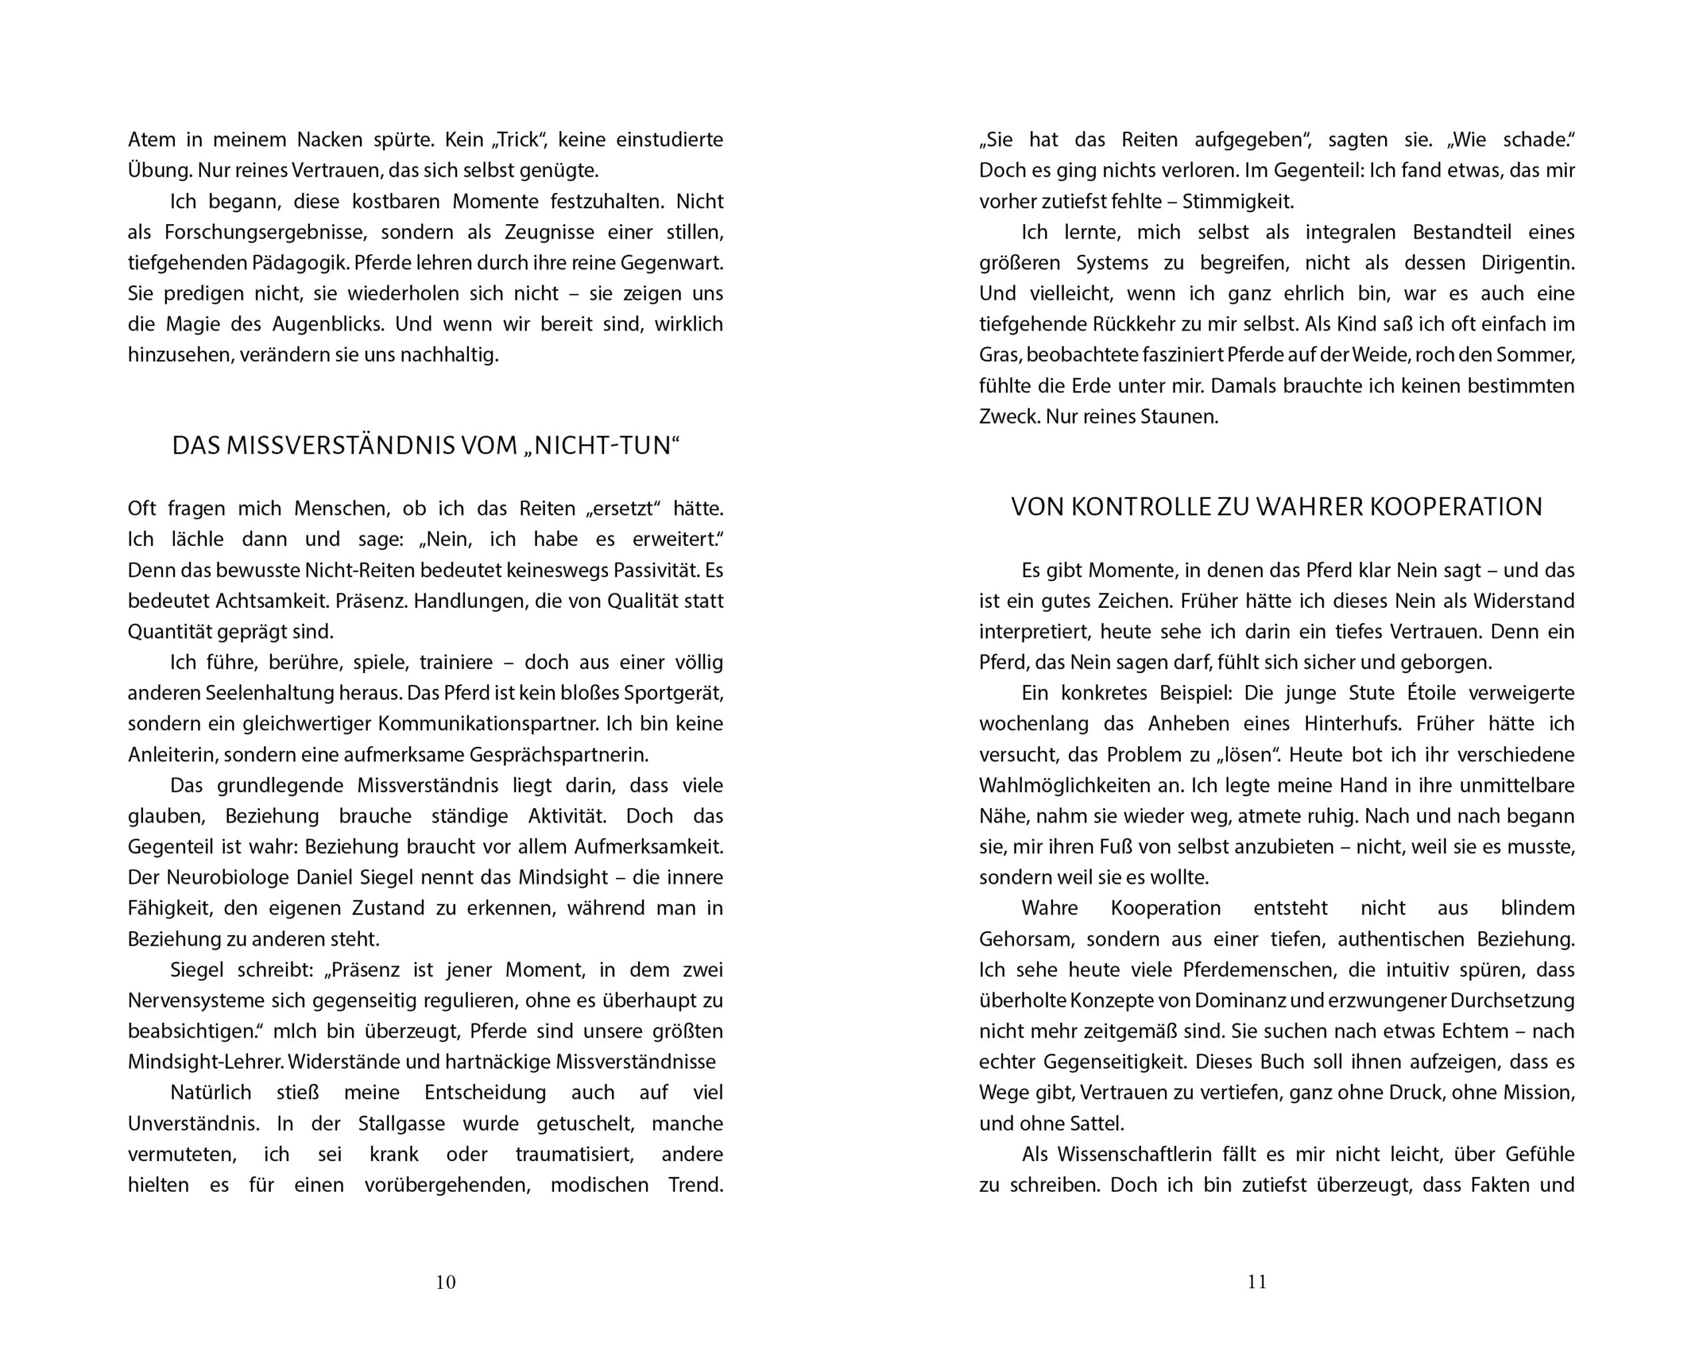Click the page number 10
pyautogui.click(x=446, y=1282)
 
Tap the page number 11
pyautogui.click(x=1257, y=1282)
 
